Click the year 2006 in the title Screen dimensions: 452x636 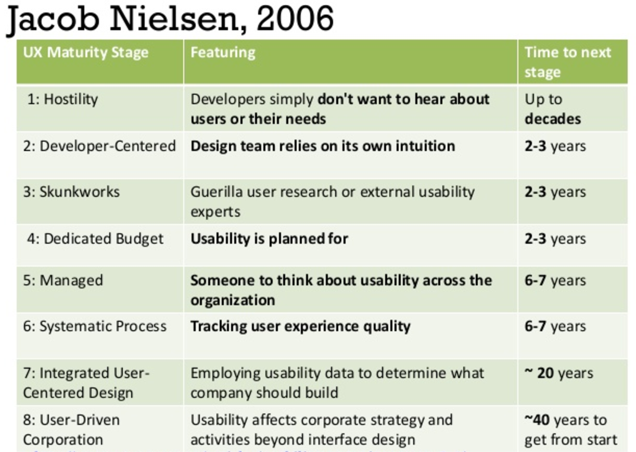295,19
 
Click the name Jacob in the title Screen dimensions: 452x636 54,20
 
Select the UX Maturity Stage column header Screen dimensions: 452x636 86,53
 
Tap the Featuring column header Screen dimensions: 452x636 223,53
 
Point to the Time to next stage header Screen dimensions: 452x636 567,62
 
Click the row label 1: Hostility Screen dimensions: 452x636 62,99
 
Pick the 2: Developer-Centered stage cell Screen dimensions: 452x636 99,146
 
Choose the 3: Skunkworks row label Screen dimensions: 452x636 71,192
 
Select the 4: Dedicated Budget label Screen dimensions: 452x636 95,238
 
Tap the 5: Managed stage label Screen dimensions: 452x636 63,280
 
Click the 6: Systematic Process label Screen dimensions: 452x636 95,327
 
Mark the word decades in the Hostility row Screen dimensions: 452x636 552,119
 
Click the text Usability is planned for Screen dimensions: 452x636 269,238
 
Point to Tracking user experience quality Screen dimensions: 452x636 300,327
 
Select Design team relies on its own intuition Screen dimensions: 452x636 323,146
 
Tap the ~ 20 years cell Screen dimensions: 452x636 558,373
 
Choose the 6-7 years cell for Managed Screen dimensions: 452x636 555,280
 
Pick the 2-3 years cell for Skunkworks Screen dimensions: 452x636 555,192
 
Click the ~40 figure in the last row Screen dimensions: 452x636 538,420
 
